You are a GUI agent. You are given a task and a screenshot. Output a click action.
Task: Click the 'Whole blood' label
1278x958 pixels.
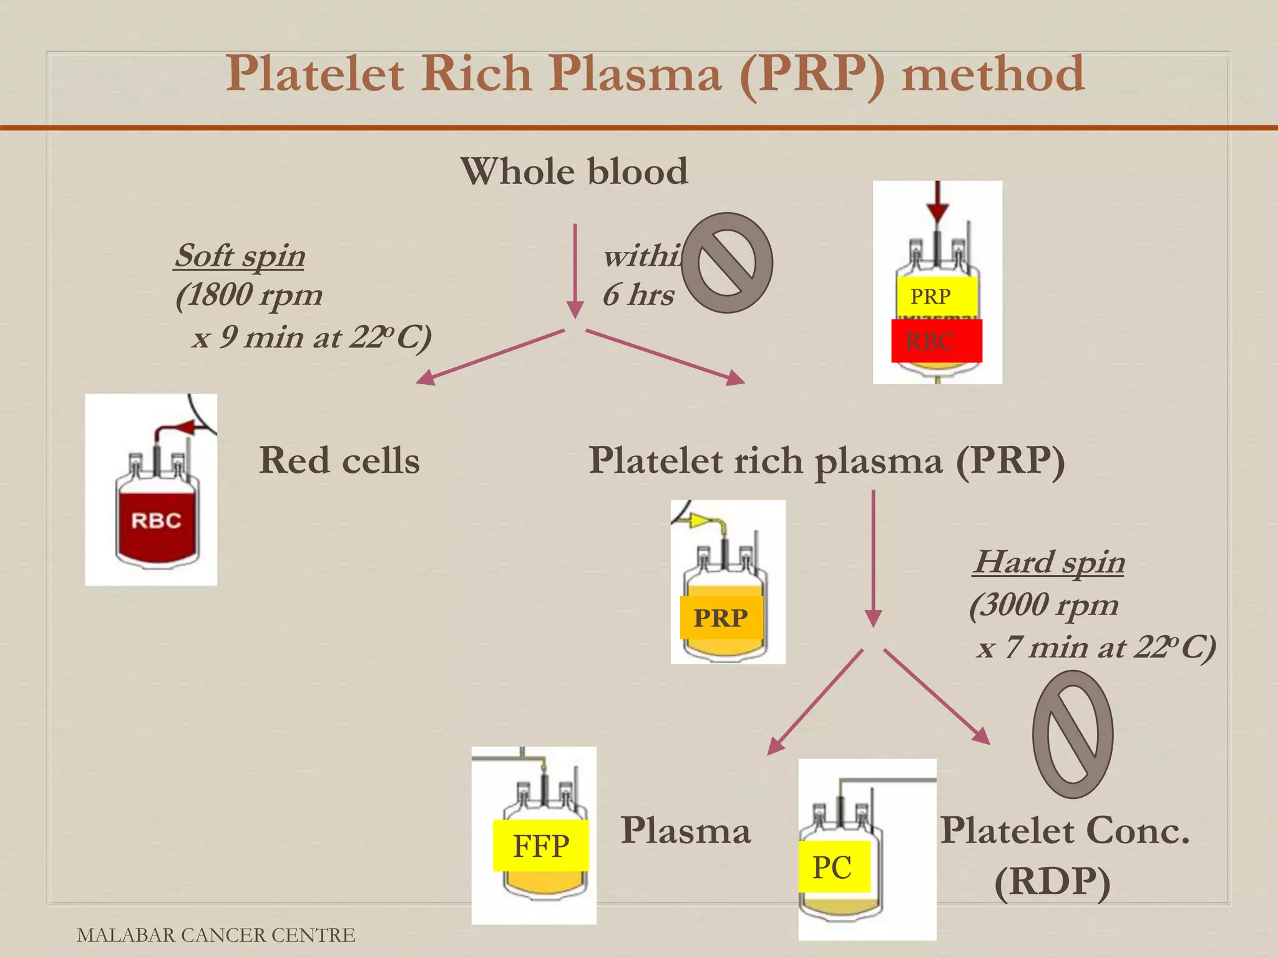[574, 171]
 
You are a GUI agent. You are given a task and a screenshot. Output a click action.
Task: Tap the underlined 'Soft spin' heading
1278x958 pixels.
[240, 255]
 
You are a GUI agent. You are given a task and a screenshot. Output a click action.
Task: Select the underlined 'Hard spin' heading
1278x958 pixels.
[1050, 561]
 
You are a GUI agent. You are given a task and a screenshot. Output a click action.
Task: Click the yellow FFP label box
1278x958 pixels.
[540, 846]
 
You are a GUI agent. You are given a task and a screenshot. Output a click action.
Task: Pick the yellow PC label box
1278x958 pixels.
[834, 867]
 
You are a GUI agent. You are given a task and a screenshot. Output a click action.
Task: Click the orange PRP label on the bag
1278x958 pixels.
[721, 617]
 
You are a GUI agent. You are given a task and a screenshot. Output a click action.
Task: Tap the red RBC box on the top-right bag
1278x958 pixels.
[936, 341]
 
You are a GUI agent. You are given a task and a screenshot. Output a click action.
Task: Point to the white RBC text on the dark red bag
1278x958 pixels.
[156, 520]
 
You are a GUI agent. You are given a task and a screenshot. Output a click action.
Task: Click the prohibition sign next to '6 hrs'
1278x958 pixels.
[727, 263]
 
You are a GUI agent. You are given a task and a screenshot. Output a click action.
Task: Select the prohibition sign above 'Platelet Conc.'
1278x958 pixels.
[1073, 734]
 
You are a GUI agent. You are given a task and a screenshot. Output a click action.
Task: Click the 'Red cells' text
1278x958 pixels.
[339, 460]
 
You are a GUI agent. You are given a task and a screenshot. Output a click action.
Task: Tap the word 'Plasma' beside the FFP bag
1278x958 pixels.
[686, 830]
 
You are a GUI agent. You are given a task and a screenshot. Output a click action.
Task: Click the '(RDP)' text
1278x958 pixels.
[1052, 881]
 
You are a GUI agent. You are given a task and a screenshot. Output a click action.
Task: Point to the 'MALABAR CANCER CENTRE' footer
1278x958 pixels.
[216, 935]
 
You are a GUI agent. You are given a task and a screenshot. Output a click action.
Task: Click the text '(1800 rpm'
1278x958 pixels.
[249, 295]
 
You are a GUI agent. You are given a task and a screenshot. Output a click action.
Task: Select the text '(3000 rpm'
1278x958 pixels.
[1044, 604]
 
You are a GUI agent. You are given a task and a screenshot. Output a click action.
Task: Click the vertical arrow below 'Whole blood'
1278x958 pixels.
[575, 271]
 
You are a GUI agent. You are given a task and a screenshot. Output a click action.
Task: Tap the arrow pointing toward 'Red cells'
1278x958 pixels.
[489, 357]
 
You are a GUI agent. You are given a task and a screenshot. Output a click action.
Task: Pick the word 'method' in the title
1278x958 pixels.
[993, 74]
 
